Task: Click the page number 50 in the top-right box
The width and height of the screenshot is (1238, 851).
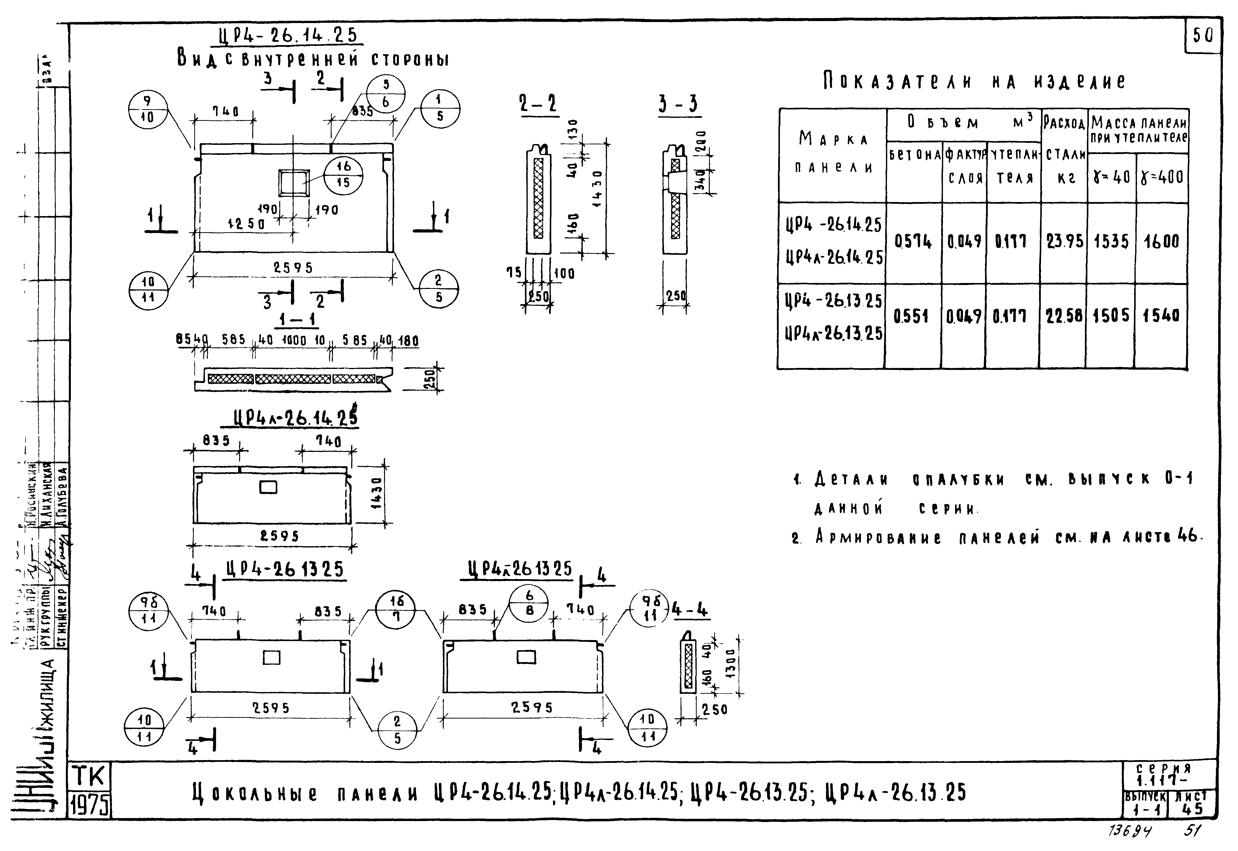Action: click(1203, 36)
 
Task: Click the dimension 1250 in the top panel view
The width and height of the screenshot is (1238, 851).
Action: click(247, 225)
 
